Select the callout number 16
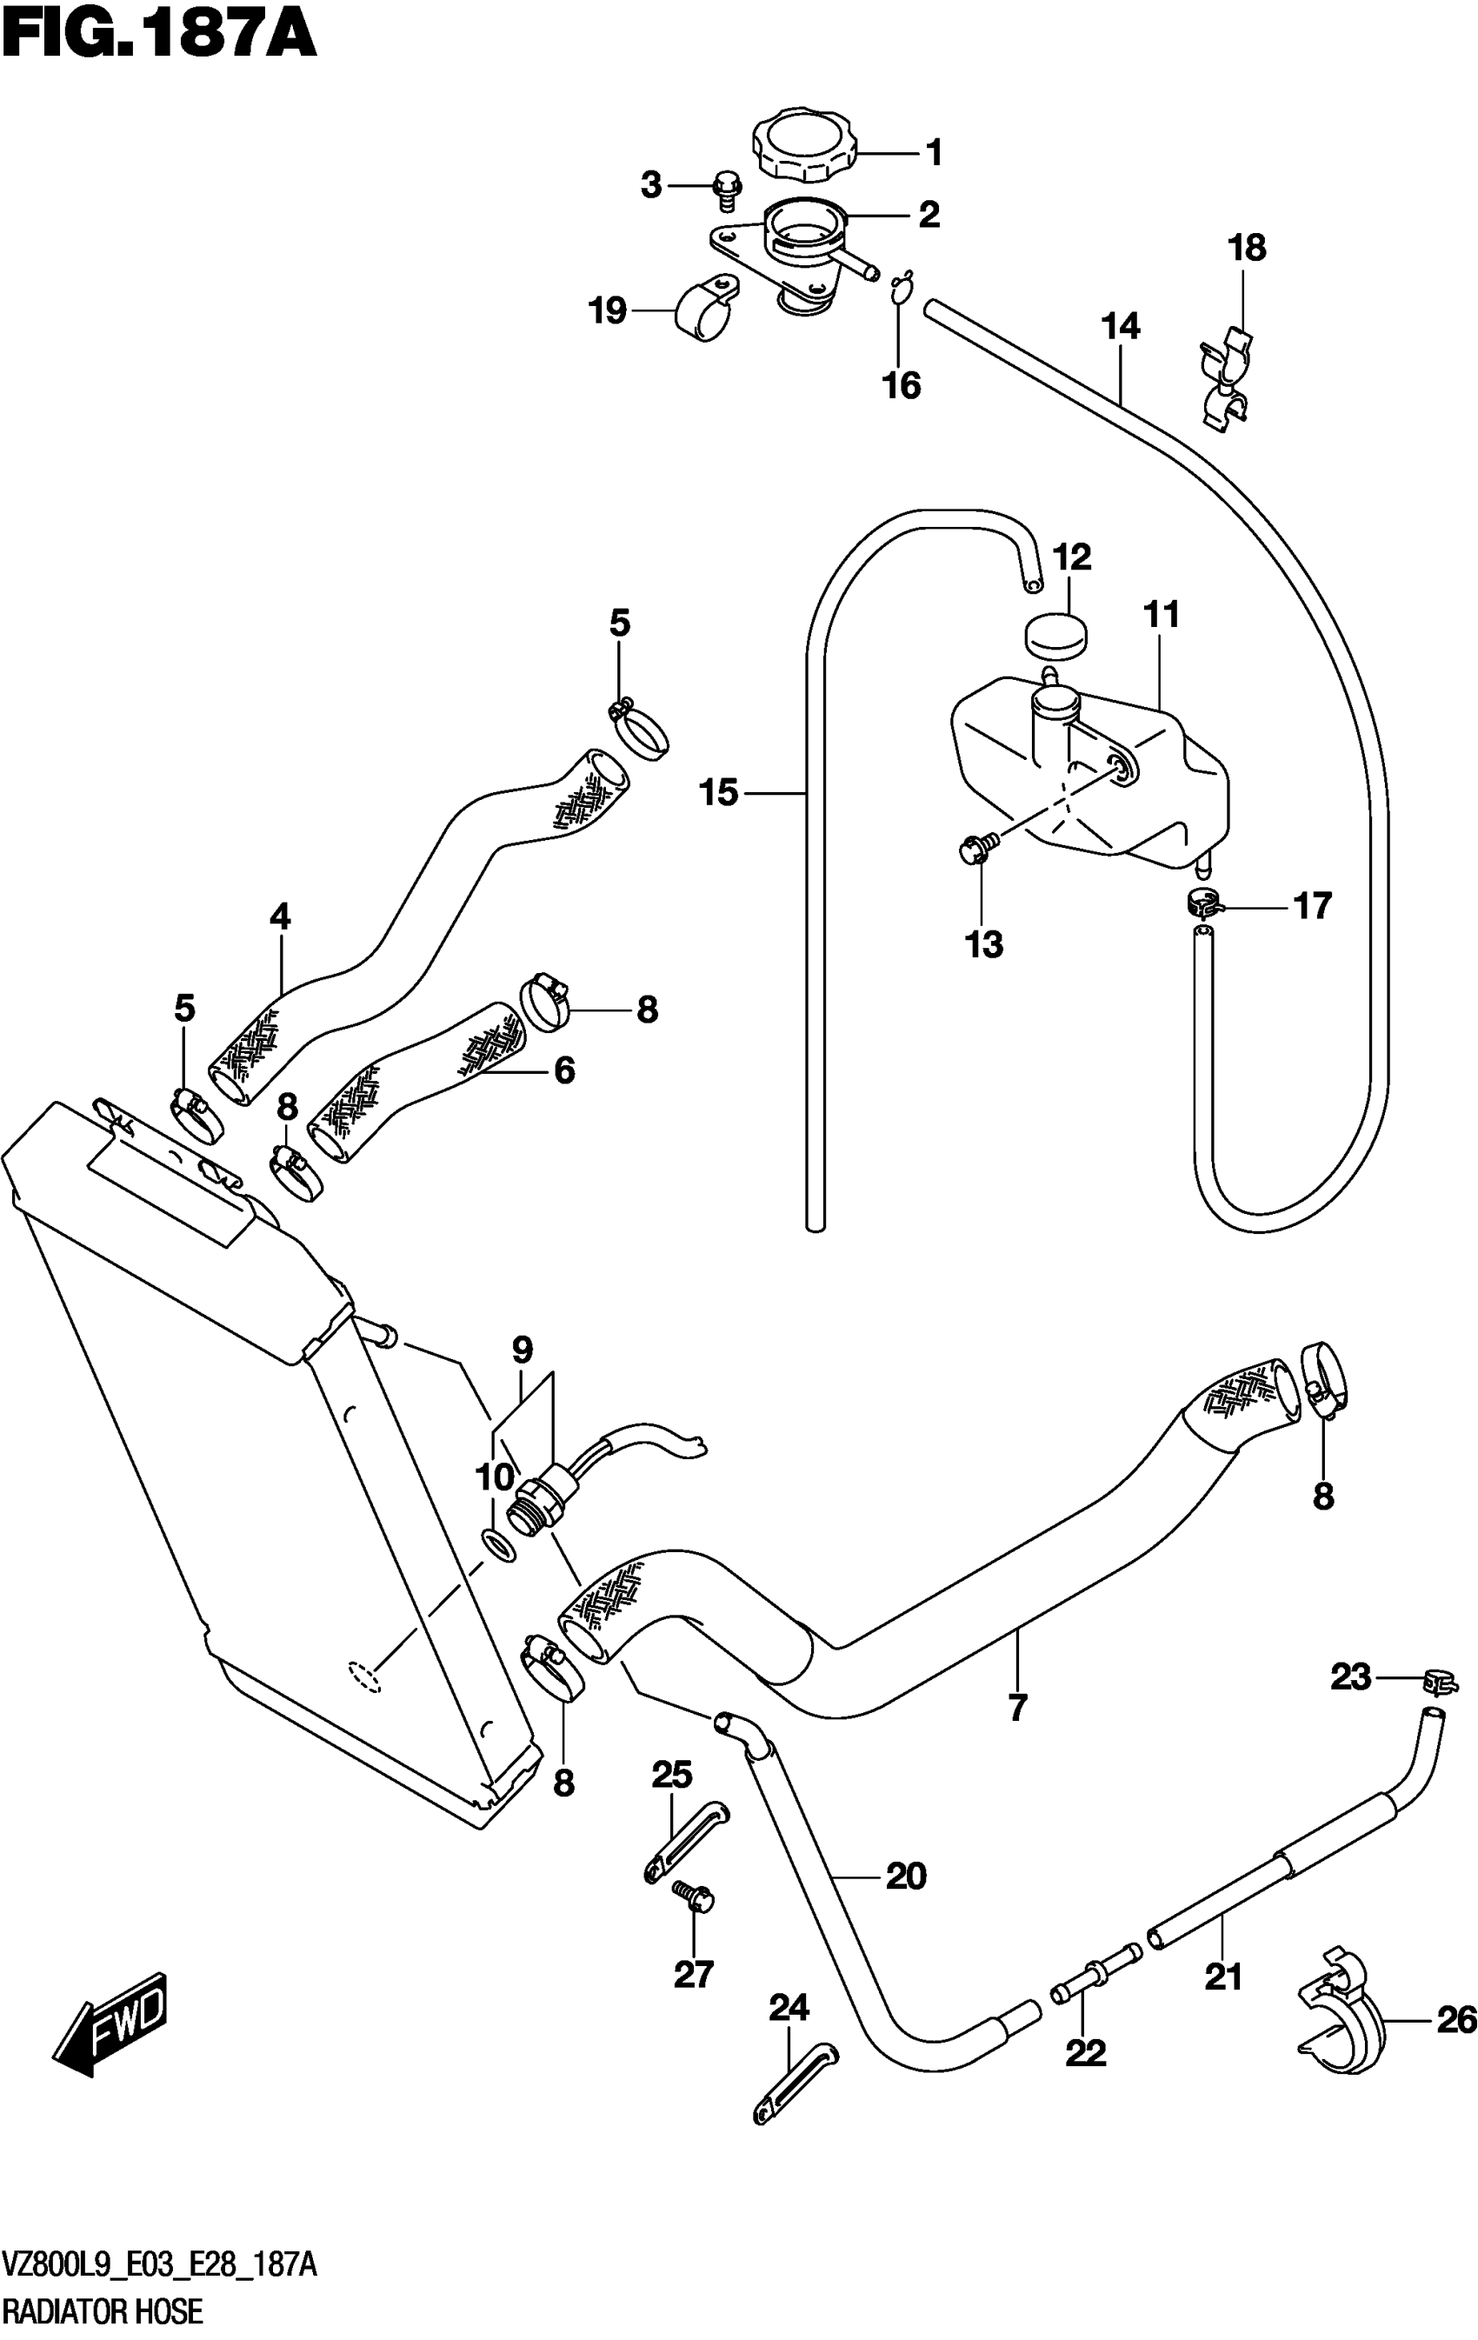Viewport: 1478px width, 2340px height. point(901,386)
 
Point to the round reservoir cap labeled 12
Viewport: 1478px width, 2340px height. point(1055,637)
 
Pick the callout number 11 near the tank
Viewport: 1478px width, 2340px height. point(1162,615)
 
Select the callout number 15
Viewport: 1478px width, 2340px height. point(719,793)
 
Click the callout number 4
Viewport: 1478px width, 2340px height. point(280,916)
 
